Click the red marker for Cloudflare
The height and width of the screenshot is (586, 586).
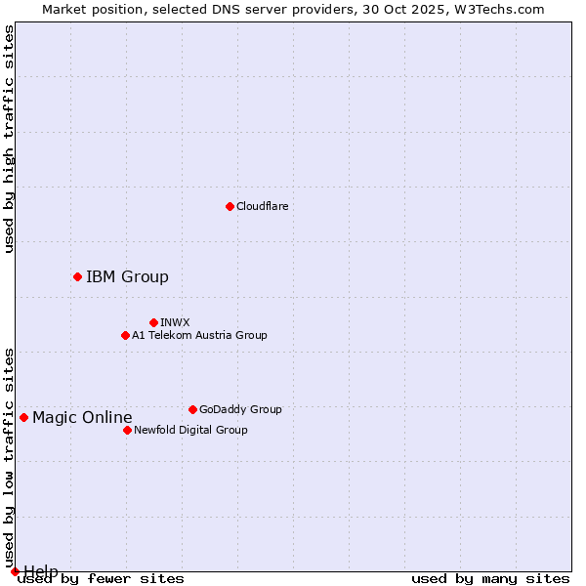tap(230, 206)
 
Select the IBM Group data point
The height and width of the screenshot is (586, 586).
tap(77, 277)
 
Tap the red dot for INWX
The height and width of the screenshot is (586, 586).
tap(153, 322)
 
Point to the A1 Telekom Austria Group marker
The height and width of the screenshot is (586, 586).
tap(125, 335)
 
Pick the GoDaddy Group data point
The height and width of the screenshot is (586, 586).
tap(192, 409)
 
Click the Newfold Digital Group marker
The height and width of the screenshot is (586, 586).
tap(127, 430)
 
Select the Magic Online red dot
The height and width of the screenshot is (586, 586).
tap(23, 418)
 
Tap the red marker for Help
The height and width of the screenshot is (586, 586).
tap(15, 571)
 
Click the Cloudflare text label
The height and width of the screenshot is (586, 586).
tap(262, 206)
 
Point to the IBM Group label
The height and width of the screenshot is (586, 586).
tap(127, 277)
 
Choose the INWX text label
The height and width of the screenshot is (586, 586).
tap(175, 322)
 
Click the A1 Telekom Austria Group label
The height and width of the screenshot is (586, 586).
tap(199, 335)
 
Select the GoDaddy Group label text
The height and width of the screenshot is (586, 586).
tap(240, 409)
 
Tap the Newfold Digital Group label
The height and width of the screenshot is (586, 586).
tap(190, 430)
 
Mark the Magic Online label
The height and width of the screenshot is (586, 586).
tap(82, 418)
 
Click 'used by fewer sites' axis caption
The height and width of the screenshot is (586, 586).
tap(102, 579)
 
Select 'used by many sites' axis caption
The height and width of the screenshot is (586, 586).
tap(490, 579)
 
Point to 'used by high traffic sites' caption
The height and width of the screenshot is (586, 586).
tap(9, 140)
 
